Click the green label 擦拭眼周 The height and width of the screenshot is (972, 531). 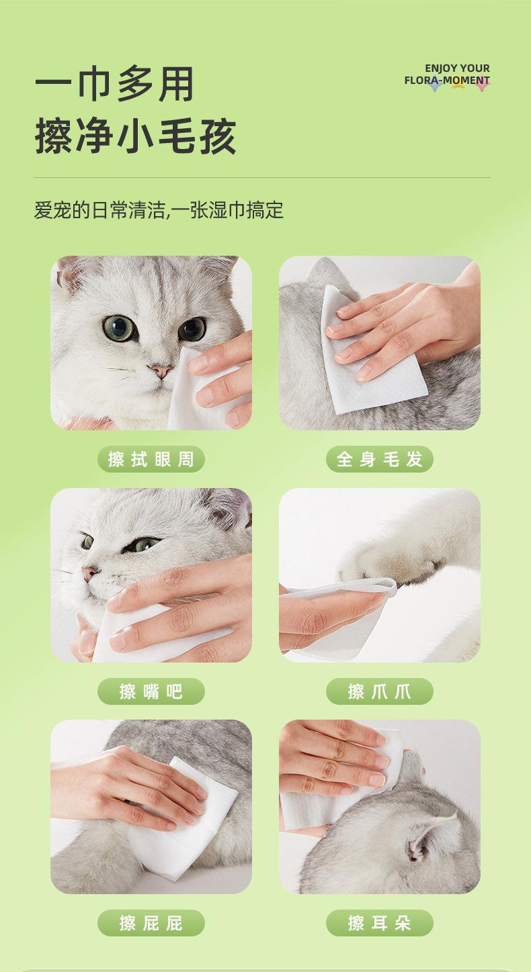tap(151, 459)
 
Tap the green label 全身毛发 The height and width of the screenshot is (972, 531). tap(379, 459)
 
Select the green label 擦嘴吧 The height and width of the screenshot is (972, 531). tap(151, 691)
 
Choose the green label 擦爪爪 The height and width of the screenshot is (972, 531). tap(379, 691)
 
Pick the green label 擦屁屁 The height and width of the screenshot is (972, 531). tap(151, 923)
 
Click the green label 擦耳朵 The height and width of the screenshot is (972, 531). tap(379, 923)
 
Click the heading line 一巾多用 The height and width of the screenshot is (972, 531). tap(114, 84)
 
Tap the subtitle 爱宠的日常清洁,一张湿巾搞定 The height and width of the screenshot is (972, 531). tap(159, 211)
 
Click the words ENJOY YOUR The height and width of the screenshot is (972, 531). tap(457, 68)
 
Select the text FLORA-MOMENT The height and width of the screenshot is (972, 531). tap(447, 81)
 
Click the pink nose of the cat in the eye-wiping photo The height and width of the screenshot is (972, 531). tap(161, 371)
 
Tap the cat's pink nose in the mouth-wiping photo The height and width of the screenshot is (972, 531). tap(90, 573)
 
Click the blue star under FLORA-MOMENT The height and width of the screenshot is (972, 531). tap(434, 85)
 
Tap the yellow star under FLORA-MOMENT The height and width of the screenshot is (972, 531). tap(458, 84)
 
